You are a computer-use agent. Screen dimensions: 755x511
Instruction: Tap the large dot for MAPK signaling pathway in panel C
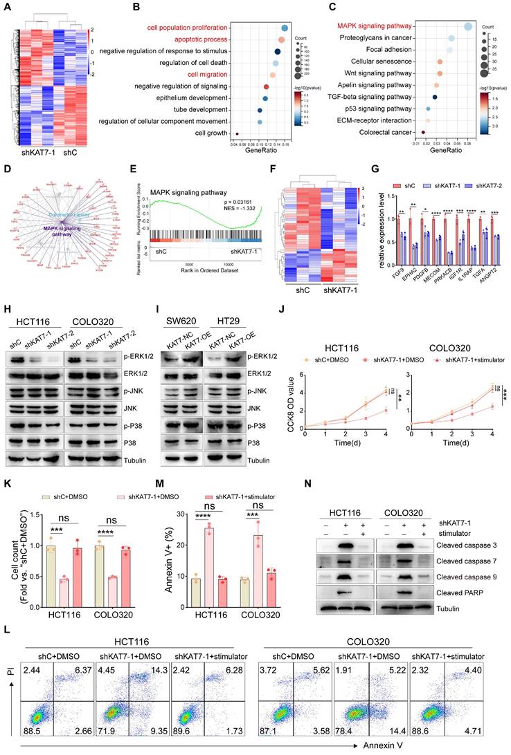pyautogui.click(x=468, y=26)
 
